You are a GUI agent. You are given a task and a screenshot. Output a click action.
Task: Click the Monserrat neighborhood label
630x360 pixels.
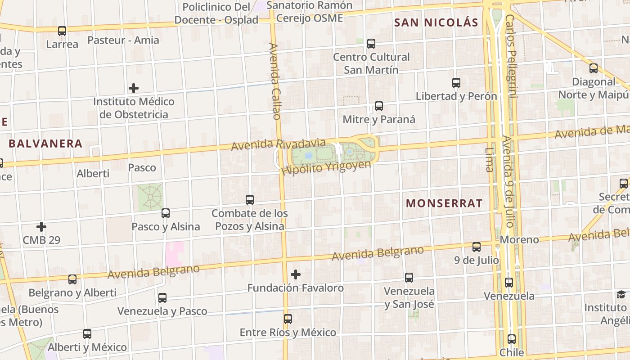[x=444, y=203]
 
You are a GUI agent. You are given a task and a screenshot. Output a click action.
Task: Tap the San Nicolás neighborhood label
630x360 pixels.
[x=436, y=22]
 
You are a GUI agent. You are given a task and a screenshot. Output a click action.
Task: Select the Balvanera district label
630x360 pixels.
[x=45, y=144]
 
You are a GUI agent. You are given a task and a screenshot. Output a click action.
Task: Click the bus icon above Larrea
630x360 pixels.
[x=62, y=31]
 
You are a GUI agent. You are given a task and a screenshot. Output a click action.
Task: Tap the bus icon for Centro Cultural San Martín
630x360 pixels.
[x=371, y=44]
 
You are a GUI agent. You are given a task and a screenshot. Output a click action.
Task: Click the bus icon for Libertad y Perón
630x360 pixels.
[x=456, y=83]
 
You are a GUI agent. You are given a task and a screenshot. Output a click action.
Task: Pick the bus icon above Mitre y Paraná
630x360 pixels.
[x=379, y=107]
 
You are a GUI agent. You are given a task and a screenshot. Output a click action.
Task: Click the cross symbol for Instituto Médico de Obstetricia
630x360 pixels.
[x=134, y=88]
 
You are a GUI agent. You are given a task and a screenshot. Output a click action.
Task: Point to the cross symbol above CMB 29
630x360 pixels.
[x=41, y=227]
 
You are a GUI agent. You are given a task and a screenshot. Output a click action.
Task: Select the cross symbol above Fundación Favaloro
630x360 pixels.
[x=296, y=274]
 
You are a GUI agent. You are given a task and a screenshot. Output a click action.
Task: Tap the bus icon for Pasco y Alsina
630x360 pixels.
[x=166, y=213]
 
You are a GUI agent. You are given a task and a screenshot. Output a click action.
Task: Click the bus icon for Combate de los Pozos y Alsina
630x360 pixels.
[x=250, y=200]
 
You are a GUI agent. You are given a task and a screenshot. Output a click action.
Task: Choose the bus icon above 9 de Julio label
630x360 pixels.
[x=477, y=247]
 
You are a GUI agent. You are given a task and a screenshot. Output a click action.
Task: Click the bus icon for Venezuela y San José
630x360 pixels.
[x=409, y=278]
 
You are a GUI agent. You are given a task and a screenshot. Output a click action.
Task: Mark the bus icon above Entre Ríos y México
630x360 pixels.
[x=288, y=319]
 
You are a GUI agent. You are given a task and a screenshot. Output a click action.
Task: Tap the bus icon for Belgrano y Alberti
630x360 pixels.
[x=72, y=279]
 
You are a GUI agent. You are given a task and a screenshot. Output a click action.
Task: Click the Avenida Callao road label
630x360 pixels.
[x=275, y=81]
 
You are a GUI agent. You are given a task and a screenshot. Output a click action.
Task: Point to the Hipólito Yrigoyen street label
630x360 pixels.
[x=326, y=167]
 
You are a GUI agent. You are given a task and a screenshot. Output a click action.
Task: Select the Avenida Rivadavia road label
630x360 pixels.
[x=278, y=144]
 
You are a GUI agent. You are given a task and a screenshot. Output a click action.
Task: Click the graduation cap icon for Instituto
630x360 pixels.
[x=621, y=295]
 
